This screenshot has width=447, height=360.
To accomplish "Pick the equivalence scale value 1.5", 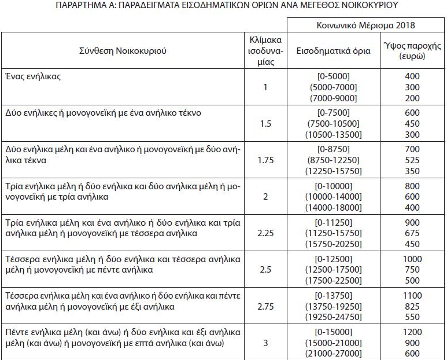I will [265, 124].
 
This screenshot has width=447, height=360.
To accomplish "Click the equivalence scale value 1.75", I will [265, 160].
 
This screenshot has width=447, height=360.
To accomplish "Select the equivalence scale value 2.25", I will [265, 233].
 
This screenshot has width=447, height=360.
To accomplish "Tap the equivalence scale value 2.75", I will [265, 306].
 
